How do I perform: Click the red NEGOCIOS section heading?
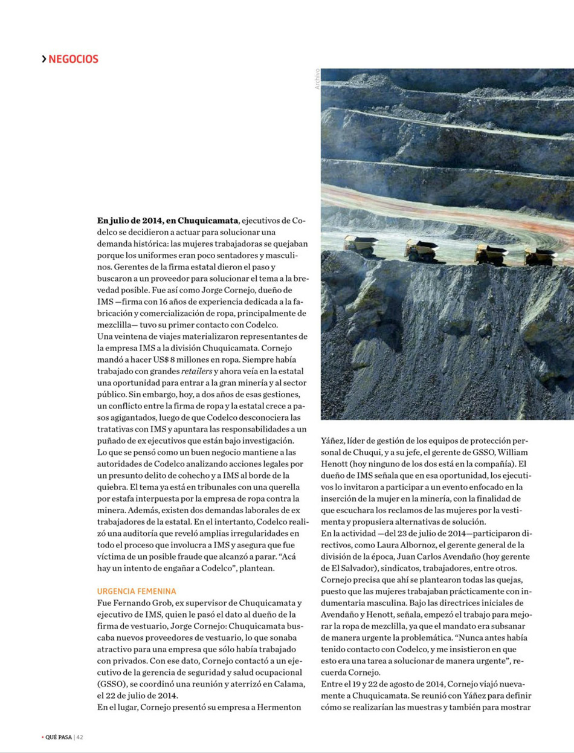pos(73,59)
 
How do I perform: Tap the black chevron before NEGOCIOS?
pos(44,59)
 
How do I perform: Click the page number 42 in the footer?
pos(80,737)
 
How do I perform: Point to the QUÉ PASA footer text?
pos(58,737)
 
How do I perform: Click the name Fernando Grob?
pos(140,603)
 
